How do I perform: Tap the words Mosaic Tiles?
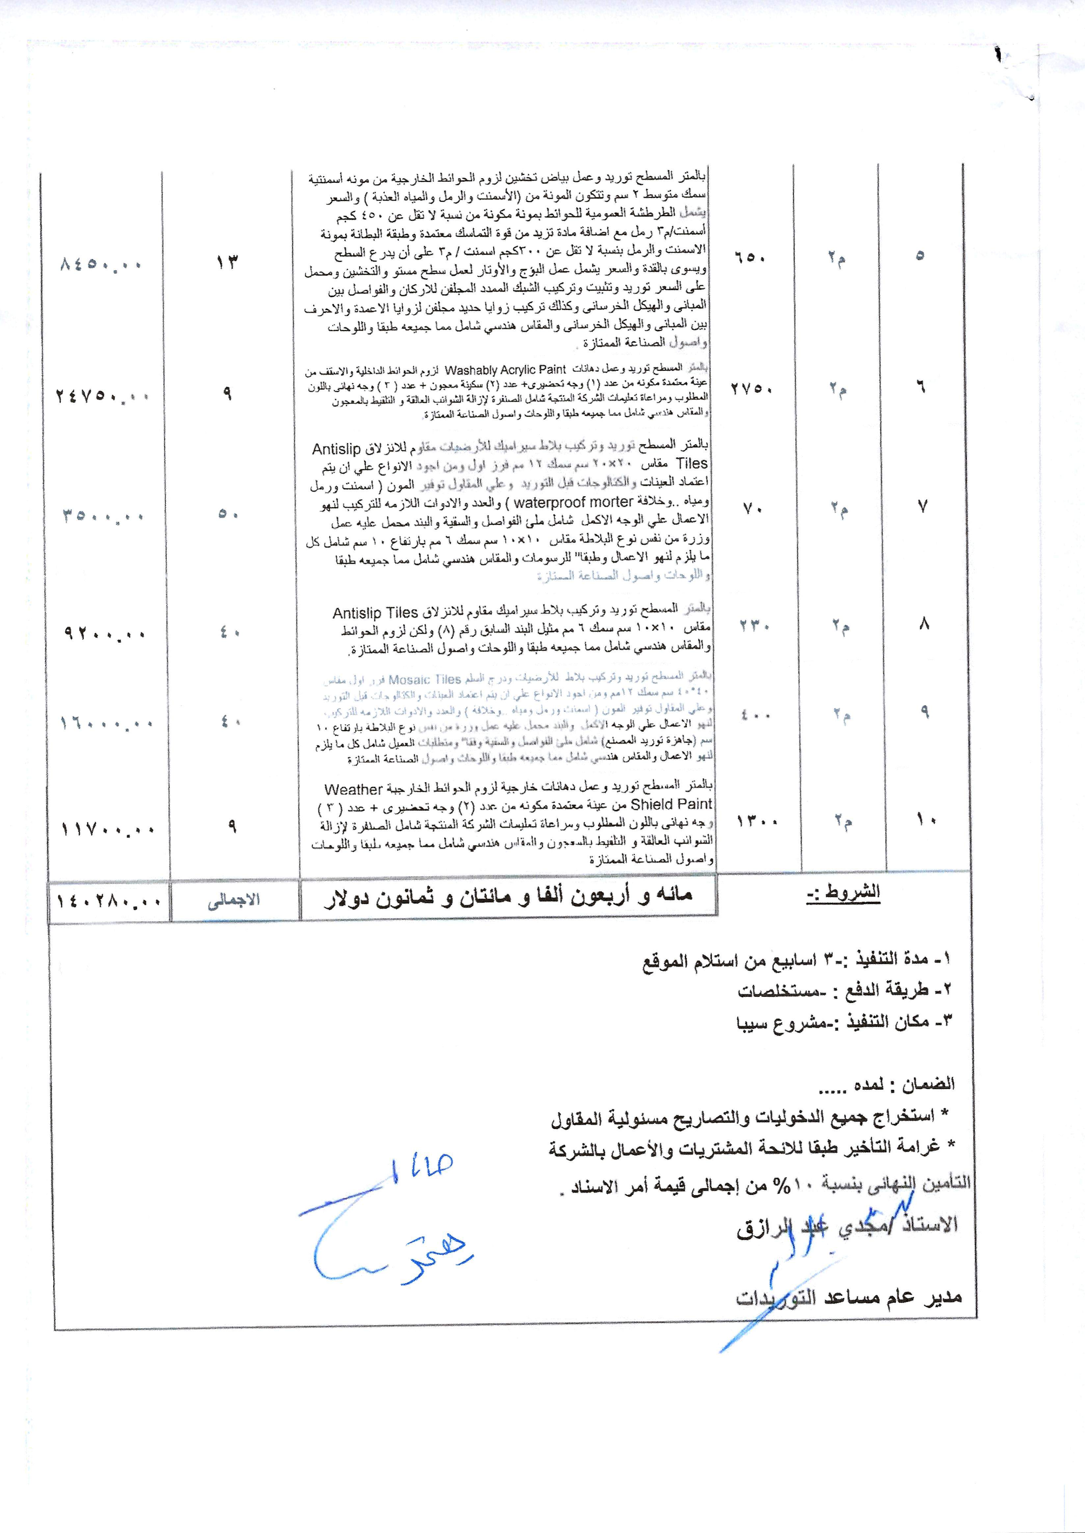[x=425, y=680]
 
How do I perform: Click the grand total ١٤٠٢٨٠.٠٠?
[x=109, y=901]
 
